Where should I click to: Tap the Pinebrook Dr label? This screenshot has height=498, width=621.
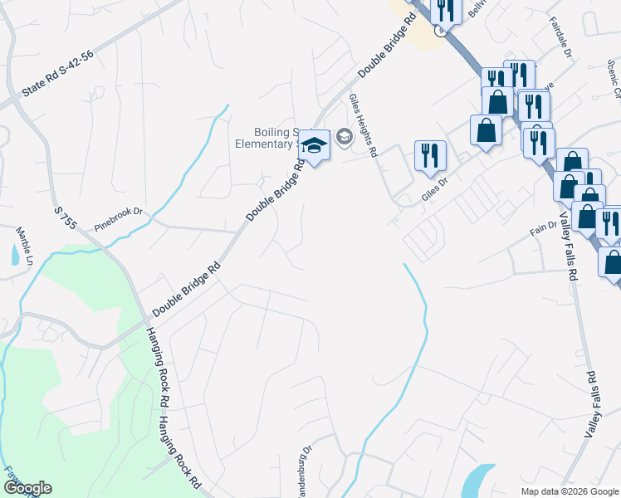click(x=119, y=212)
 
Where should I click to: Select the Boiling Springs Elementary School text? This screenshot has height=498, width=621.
click(x=275, y=138)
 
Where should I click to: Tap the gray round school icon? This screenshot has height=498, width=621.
click(x=345, y=137)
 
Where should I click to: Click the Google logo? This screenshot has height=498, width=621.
click(x=27, y=488)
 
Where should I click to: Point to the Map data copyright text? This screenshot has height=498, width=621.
click(x=569, y=491)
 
